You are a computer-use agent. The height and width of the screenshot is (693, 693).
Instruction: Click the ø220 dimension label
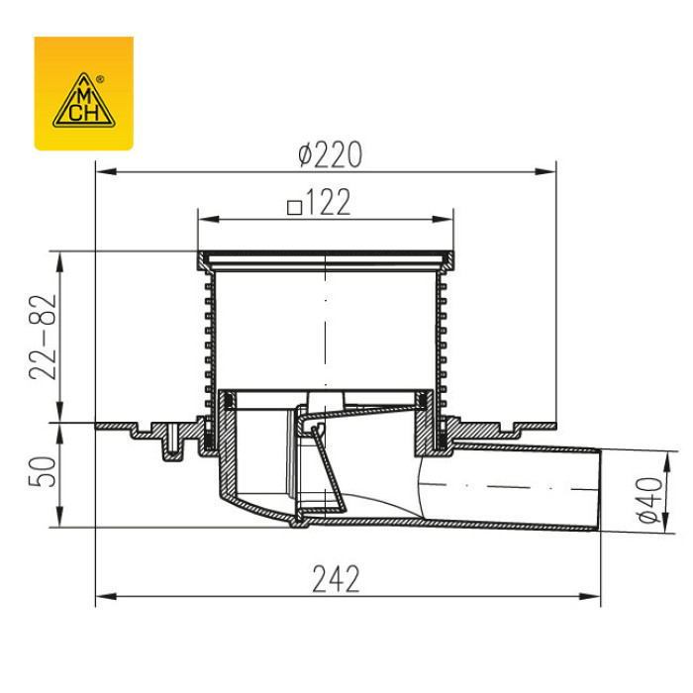coord(330,154)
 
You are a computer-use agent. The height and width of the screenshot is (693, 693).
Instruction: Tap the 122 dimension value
coord(328,202)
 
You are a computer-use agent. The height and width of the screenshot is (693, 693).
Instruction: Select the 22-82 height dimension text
coord(43,337)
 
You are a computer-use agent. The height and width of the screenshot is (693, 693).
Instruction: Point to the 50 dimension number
coord(43,472)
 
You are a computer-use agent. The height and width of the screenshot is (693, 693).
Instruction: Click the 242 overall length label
coord(336,579)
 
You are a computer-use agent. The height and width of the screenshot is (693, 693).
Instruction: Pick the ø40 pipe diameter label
coord(651,500)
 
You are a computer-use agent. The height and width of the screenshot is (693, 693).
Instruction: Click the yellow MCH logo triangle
coord(84,101)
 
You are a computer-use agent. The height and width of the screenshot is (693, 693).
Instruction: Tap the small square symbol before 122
coord(294,208)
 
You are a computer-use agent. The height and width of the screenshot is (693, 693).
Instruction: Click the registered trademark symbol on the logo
coord(100,80)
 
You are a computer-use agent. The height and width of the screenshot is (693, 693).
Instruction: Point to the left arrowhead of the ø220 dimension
coord(106,171)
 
